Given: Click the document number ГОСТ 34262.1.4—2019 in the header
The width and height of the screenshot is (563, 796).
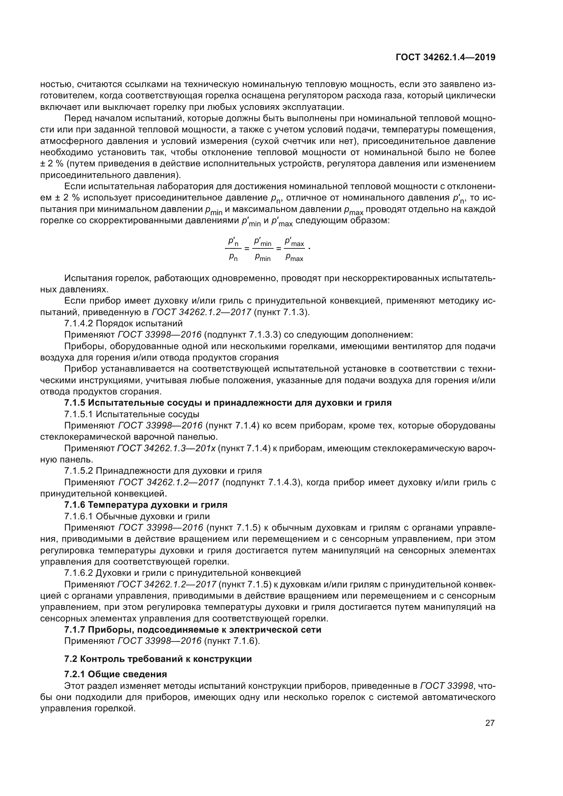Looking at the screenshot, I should pos(445,57).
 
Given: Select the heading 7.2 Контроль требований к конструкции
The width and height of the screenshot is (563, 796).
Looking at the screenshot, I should pos(158,659).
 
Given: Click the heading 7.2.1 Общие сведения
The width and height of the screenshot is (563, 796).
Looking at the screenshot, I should pos(115,674).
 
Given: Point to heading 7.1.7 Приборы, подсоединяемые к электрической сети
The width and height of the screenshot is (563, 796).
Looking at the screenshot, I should pos(193,629).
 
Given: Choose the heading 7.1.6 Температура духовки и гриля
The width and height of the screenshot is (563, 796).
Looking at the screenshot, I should pos(146,504).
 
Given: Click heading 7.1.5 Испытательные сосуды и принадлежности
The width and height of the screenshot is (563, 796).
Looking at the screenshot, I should pos(228,403).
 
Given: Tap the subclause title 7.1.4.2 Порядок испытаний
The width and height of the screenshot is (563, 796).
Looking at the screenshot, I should pos(123,323).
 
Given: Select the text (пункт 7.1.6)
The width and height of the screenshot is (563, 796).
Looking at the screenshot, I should pos(232,641).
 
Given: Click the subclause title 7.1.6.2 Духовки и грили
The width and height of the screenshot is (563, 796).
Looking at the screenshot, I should pos(182,572).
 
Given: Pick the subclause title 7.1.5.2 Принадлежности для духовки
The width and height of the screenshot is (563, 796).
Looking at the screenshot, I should pos(163,471).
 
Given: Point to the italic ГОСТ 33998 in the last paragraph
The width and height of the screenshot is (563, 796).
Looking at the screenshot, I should pos(447,686).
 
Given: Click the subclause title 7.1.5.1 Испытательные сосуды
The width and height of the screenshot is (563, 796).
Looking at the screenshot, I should pos(132,414).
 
